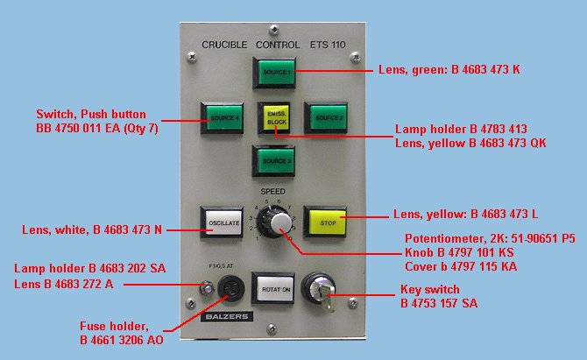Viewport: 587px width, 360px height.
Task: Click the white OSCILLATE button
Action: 221,222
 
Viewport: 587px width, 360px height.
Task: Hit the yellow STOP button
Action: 325,222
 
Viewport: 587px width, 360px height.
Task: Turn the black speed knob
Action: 279,220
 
